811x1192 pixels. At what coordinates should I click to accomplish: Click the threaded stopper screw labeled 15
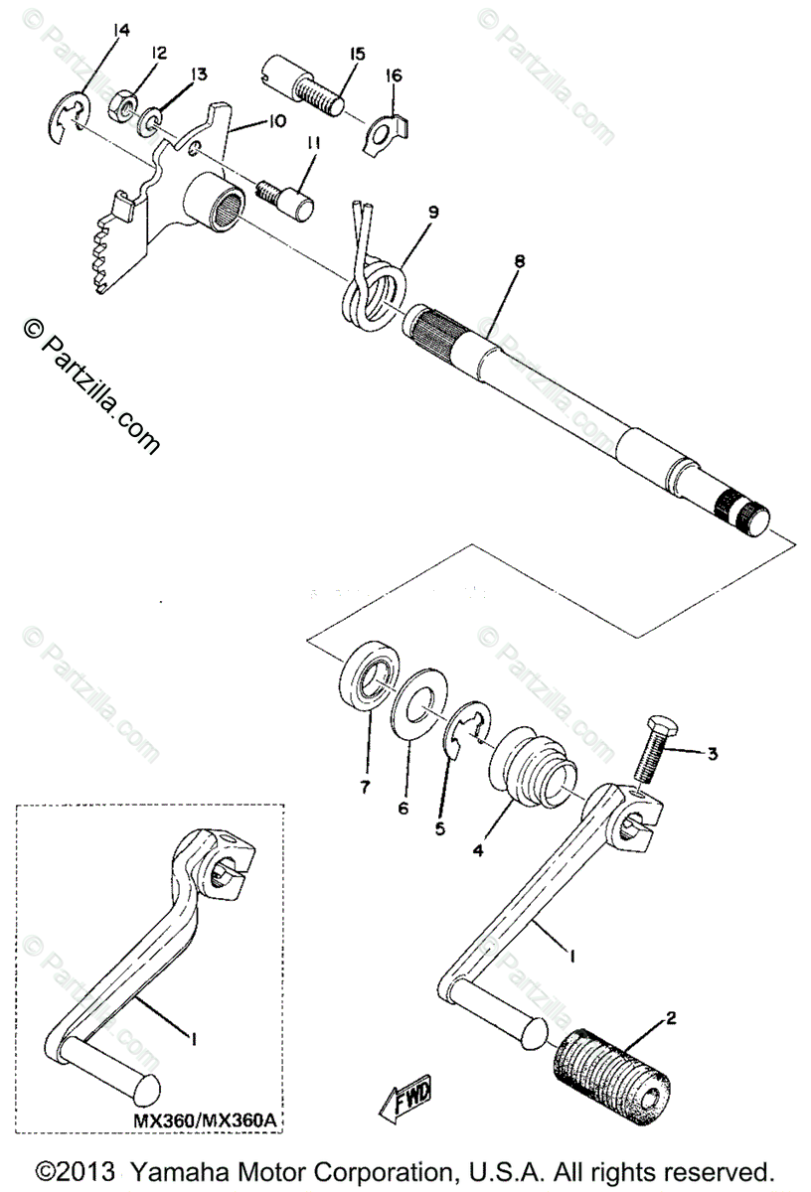point(305,89)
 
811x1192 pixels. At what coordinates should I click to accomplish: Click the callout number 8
point(519,261)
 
